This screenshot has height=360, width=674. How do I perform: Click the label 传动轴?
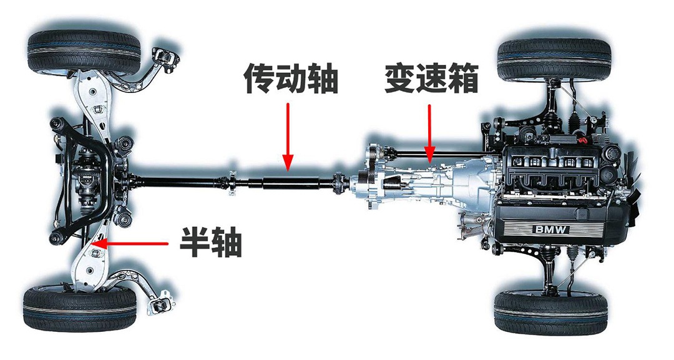(291, 79)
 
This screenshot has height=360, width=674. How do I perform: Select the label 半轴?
(211, 242)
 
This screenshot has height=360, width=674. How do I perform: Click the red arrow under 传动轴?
(288, 137)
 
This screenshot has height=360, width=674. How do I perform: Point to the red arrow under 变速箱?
(429, 134)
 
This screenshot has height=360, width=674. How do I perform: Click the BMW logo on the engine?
(552, 230)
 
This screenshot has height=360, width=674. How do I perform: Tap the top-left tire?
(84, 51)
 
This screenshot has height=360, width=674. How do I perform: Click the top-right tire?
(555, 59)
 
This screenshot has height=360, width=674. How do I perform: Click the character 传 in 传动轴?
(259, 79)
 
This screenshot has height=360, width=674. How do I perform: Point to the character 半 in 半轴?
(195, 242)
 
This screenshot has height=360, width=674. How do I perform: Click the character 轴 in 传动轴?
(323, 79)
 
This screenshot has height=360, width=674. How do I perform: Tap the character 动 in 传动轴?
(291, 79)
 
